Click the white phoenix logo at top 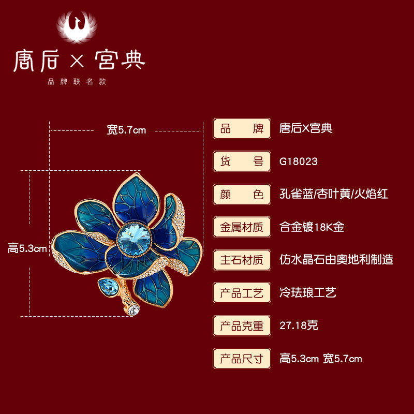pyautogui.click(x=77, y=26)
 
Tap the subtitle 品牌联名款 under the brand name pyautogui.click(x=77, y=82)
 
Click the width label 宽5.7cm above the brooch pyautogui.click(x=126, y=130)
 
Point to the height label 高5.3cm pyautogui.click(x=27, y=248)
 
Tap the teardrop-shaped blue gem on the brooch pyautogui.click(x=106, y=285)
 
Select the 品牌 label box pyautogui.click(x=242, y=129)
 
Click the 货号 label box pyautogui.click(x=242, y=161)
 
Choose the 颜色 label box pyautogui.click(x=242, y=195)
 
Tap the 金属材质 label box pyautogui.click(x=242, y=227)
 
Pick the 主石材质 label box pyautogui.click(x=242, y=260)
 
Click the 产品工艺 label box pyautogui.click(x=242, y=293)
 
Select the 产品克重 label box pyautogui.click(x=242, y=326)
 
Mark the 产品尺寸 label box pyautogui.click(x=242, y=358)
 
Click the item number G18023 pyautogui.click(x=299, y=162)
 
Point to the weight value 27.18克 pyautogui.click(x=299, y=326)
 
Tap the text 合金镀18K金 pyautogui.click(x=312, y=227)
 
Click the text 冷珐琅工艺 pyautogui.click(x=308, y=293)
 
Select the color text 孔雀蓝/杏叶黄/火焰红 pyautogui.click(x=334, y=195)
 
